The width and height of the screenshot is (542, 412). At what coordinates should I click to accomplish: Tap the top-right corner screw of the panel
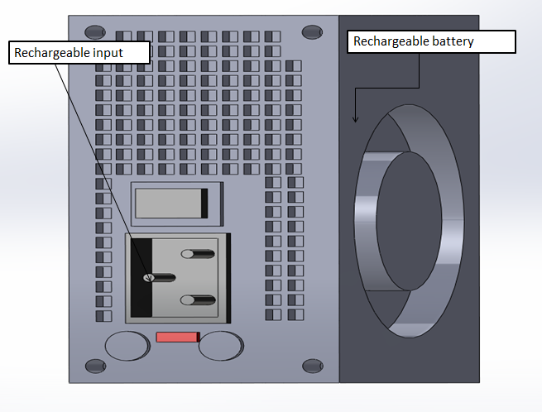point(312,32)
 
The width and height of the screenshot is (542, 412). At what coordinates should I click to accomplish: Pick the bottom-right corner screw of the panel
point(312,365)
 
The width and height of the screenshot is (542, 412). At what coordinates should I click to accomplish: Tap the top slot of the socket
point(199,253)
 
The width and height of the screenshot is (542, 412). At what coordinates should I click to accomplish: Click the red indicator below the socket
point(177,337)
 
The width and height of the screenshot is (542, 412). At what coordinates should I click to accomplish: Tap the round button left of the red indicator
point(129,346)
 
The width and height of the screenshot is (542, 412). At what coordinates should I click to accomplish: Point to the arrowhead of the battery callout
point(356,121)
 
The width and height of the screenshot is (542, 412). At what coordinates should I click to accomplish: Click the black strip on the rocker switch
point(204,204)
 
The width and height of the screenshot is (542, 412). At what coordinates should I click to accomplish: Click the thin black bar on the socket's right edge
point(228,278)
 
